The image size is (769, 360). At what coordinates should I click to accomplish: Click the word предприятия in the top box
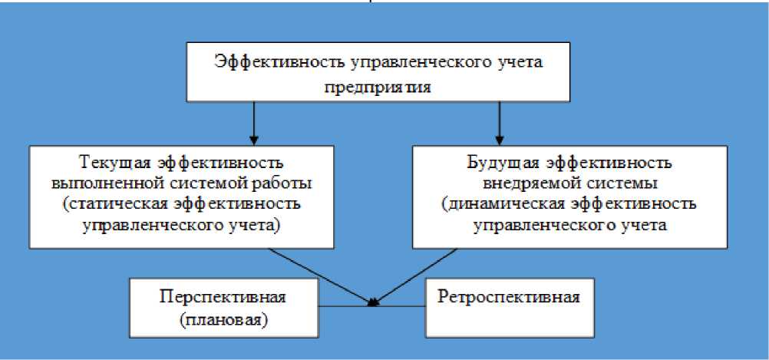[x=381, y=88]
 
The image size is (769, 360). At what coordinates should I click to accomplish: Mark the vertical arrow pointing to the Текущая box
[x=252, y=124]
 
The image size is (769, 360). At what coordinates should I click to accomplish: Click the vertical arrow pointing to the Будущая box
[x=500, y=124]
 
